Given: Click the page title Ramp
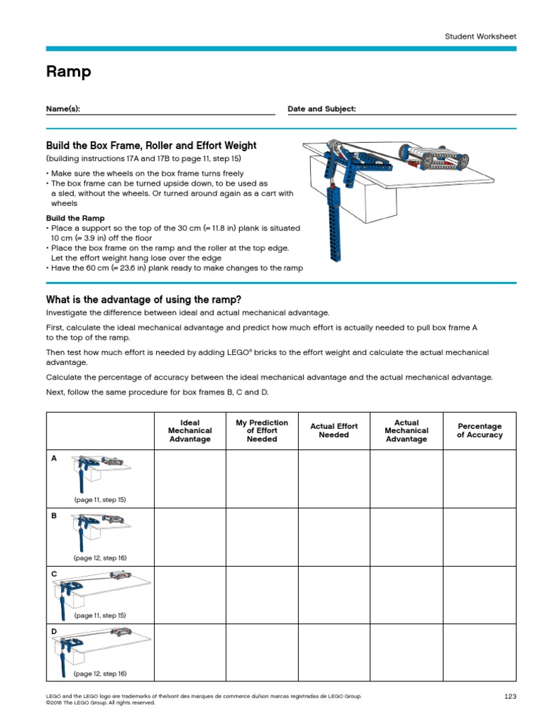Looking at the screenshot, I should (x=68, y=72).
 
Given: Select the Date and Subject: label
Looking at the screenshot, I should (x=321, y=109).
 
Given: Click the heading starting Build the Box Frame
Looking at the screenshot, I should (x=150, y=146).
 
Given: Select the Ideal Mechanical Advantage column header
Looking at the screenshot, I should (x=190, y=431).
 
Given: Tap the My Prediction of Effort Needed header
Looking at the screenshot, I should (x=262, y=431).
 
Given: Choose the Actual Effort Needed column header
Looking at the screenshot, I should (x=334, y=430).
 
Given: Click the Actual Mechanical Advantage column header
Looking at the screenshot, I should (x=406, y=431).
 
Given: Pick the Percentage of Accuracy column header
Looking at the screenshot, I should (x=480, y=430).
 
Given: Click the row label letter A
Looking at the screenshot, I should (x=54, y=458).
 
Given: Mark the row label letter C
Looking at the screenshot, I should (x=54, y=574).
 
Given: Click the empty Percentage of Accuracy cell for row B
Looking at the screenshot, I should (x=480, y=536).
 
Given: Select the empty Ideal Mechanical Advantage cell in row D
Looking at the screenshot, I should (x=190, y=652).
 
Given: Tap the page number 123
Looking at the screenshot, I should (x=510, y=696).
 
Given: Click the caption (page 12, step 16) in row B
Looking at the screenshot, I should (x=100, y=558).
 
